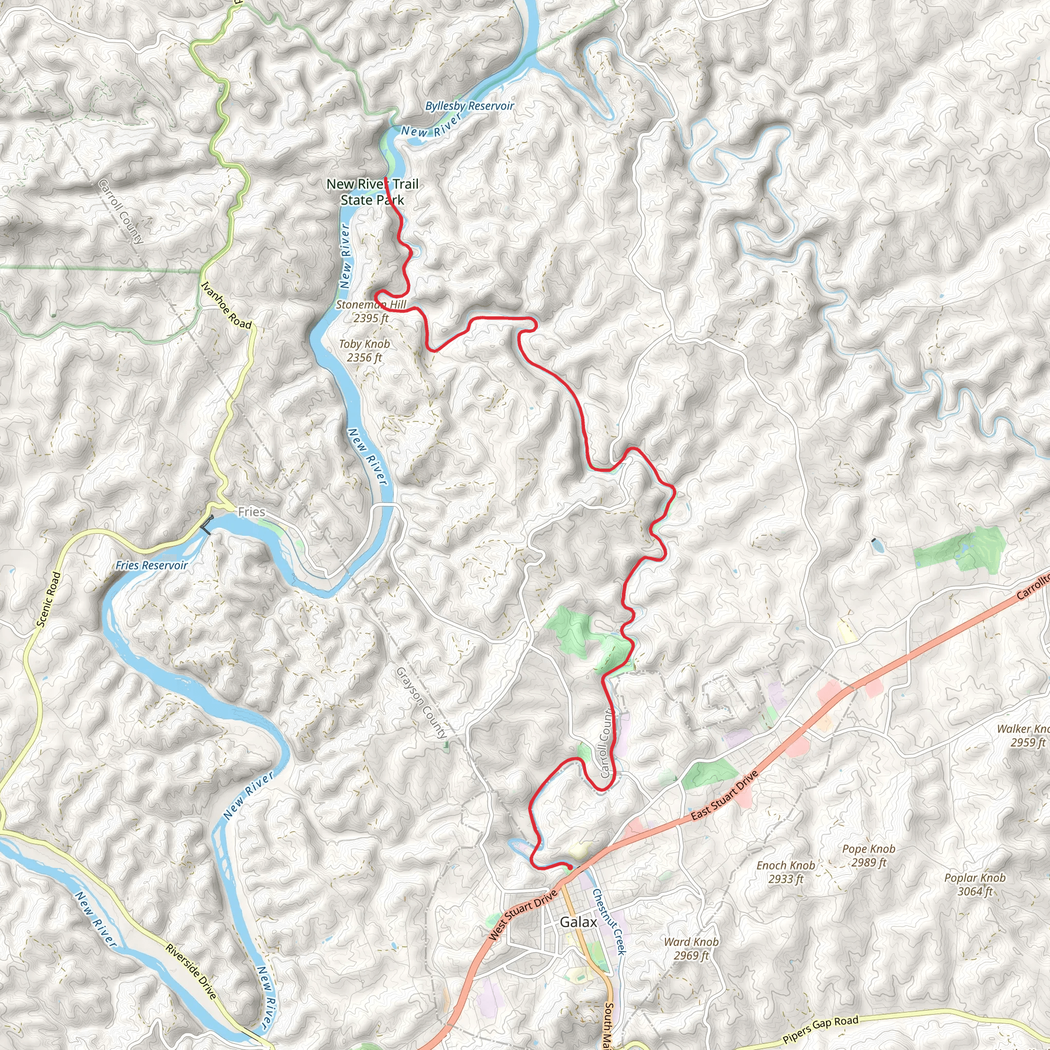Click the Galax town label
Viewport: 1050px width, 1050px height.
tap(578, 922)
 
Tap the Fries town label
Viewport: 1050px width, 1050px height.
tap(252, 511)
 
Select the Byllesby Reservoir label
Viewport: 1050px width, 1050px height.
tap(470, 106)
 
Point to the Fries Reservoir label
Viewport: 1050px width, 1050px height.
tap(152, 565)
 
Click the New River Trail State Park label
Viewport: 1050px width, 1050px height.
tap(373, 192)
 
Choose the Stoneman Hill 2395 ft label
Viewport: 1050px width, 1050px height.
tap(371, 311)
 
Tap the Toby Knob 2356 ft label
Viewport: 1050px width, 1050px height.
tap(365, 351)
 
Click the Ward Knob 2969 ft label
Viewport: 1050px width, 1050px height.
tap(691, 948)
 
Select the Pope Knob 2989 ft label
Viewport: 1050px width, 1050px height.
tap(869, 856)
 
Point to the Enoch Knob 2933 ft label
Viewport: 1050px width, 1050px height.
tap(786, 872)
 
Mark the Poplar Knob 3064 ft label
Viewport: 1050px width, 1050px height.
tap(975, 884)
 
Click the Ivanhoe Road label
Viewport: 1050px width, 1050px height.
tap(227, 306)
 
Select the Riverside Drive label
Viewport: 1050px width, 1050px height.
tap(191, 971)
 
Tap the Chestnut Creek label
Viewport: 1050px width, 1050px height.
tap(609, 921)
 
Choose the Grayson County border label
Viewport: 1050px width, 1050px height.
tap(422, 703)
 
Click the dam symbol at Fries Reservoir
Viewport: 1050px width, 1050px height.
tap(207, 524)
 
